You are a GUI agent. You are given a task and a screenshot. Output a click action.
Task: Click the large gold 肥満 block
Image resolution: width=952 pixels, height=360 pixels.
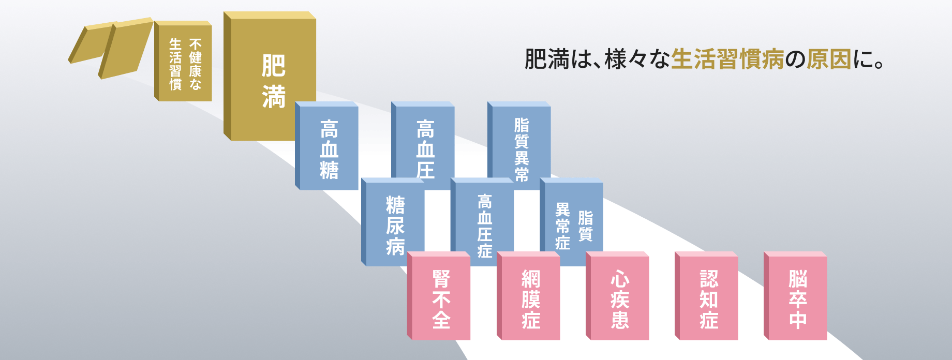(x=270, y=77)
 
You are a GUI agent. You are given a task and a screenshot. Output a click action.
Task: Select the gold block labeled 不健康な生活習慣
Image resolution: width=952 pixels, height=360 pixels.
(x=183, y=61)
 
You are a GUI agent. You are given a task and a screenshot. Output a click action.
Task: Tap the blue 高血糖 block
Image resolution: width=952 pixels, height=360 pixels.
(x=327, y=146)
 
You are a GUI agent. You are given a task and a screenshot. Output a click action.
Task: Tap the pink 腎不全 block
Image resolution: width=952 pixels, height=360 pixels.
(x=439, y=296)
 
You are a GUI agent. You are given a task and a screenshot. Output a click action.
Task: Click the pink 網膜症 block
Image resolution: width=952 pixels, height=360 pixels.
(x=528, y=296)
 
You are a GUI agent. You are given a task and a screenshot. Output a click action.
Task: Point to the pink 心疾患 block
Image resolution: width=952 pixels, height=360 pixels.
(x=617, y=296)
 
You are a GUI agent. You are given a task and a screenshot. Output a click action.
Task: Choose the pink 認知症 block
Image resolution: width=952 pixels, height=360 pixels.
(x=706, y=296)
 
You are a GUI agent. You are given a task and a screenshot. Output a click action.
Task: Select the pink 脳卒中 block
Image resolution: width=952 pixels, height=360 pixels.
(x=795, y=296)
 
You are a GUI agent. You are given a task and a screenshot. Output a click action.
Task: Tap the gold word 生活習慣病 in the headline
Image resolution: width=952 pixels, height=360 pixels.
(x=727, y=59)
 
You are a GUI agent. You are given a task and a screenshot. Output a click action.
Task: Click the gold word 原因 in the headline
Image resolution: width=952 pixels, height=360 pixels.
(x=829, y=59)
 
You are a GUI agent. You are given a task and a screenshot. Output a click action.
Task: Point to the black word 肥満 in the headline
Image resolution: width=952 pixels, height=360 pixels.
(x=547, y=59)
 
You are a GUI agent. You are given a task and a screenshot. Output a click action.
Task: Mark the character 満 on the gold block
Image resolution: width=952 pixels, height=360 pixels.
(x=274, y=97)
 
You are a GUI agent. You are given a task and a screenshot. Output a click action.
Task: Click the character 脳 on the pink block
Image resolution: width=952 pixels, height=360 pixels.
(x=798, y=279)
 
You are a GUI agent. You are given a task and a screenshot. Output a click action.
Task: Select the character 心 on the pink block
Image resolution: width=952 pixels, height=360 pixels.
(x=620, y=279)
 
